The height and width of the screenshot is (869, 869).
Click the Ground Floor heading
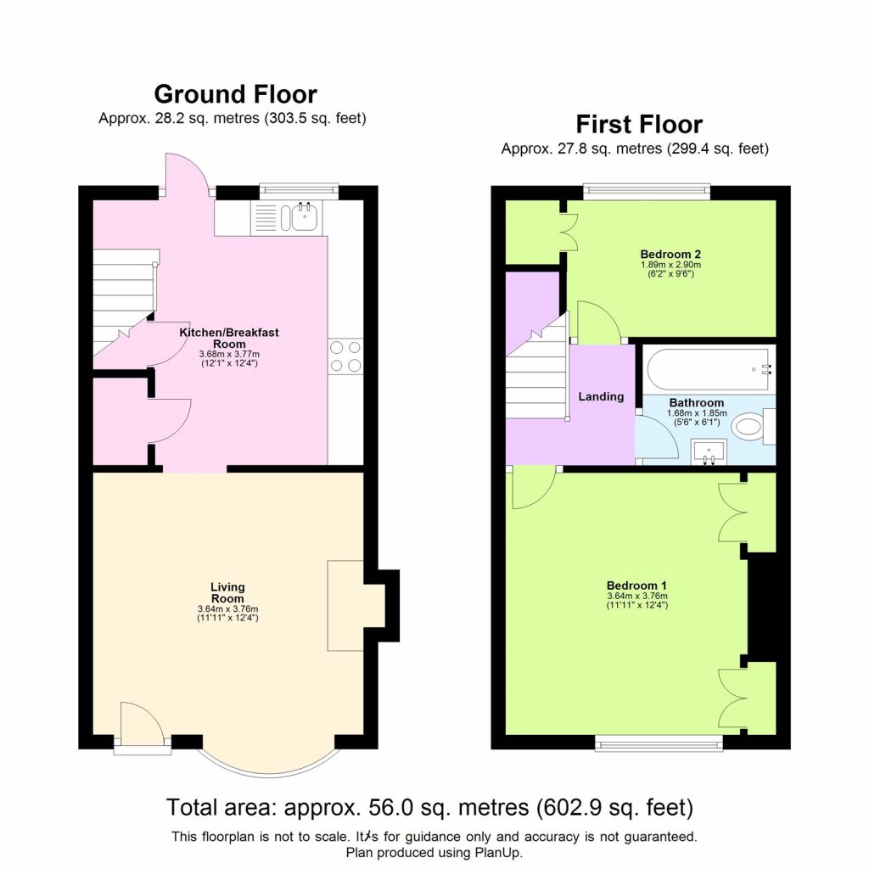(x=235, y=94)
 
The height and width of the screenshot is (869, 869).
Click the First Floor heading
(x=638, y=125)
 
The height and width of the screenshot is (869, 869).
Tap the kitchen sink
(x=303, y=217)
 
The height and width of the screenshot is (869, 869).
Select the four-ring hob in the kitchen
(x=345, y=356)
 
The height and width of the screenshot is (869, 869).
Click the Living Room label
(x=227, y=591)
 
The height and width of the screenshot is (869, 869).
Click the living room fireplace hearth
(x=346, y=604)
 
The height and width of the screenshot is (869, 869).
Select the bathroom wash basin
(x=708, y=452)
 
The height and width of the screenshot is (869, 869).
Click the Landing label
(x=601, y=396)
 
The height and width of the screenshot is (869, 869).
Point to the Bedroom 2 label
(x=670, y=254)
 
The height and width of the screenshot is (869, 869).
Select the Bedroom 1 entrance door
(x=532, y=487)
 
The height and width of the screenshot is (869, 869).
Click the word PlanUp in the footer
(x=501, y=852)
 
